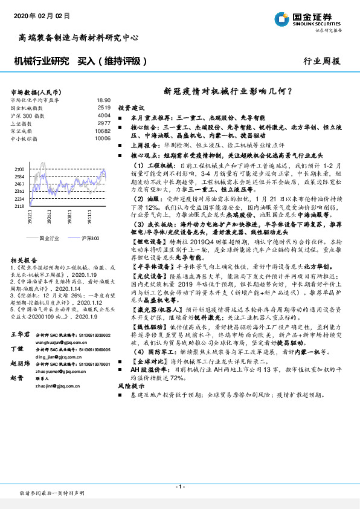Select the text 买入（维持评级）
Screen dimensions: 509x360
pos(112,62)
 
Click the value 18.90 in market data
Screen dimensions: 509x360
pos(104,100)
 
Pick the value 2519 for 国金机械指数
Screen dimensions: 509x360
pos(104,107)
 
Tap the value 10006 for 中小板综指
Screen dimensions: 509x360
pos(103,138)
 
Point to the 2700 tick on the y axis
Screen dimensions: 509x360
pos(19,169)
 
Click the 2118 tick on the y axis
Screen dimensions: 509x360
pos(19,206)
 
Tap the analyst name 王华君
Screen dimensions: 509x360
pos(21,334)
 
